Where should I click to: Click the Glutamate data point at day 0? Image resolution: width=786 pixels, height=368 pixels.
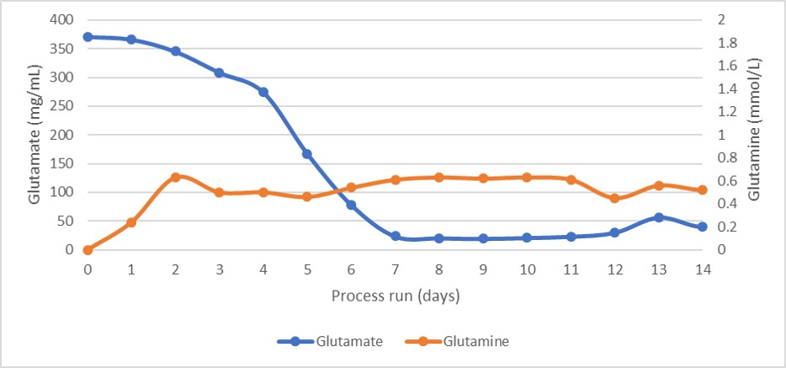pyautogui.click(x=88, y=37)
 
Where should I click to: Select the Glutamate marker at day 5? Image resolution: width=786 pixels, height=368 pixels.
pyautogui.click(x=307, y=154)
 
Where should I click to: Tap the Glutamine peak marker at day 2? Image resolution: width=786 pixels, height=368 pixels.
pyautogui.click(x=175, y=177)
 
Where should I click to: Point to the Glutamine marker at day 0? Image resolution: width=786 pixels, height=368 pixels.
pyautogui.click(x=88, y=249)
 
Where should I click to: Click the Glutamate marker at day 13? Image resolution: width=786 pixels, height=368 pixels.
pyautogui.click(x=659, y=217)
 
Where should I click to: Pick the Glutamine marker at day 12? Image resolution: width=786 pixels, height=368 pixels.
pyautogui.click(x=615, y=199)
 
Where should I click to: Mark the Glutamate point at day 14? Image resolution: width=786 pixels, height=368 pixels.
pyautogui.click(x=703, y=227)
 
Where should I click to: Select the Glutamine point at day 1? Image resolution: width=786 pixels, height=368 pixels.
pyautogui.click(x=131, y=222)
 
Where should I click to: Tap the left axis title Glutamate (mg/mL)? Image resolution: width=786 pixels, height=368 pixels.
pyautogui.click(x=35, y=134)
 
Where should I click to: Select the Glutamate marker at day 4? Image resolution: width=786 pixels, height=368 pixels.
pyautogui.click(x=263, y=92)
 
